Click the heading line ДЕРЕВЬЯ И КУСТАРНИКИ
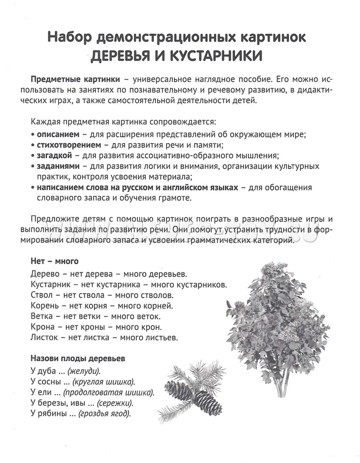click(177, 55)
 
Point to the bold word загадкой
click(54, 155)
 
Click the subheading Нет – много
click(54, 262)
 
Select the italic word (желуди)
click(84, 371)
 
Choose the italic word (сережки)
click(115, 403)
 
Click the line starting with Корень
click(101, 305)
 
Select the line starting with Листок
click(104, 337)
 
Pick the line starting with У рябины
click(80, 413)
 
